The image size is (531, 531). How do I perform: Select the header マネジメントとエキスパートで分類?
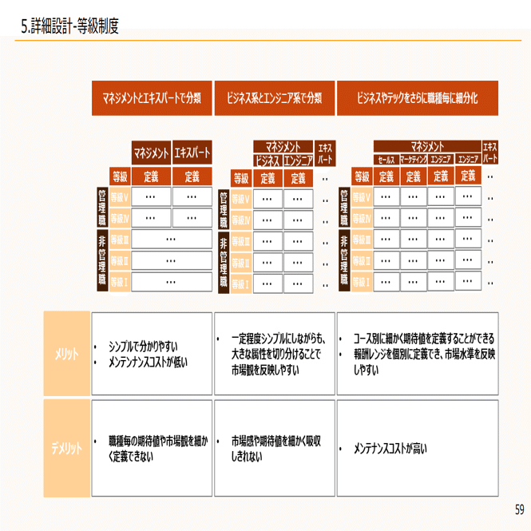pos(152,98)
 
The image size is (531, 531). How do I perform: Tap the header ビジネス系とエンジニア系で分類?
pos(274,98)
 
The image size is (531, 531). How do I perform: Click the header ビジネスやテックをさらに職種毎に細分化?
pos(418,98)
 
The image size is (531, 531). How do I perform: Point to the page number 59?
pos(519,509)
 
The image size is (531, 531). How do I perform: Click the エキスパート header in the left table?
pos(192,152)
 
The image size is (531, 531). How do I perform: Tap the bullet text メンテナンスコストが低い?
pos(148,362)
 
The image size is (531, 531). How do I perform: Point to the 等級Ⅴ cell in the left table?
pos(120,196)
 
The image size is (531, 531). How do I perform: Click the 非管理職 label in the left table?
pos(101,260)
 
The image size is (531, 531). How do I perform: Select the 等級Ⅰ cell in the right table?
pos(362,281)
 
